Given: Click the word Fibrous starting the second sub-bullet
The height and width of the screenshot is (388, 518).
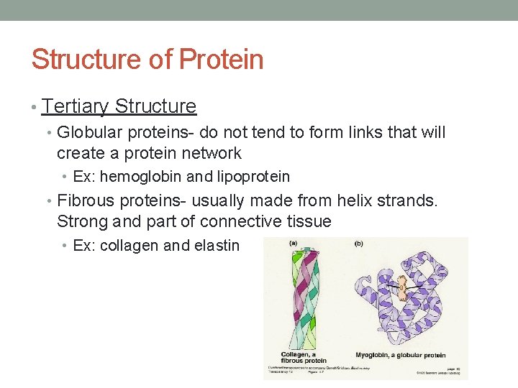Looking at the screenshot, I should click(84, 200).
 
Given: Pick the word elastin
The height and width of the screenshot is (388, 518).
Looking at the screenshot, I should click(217, 246).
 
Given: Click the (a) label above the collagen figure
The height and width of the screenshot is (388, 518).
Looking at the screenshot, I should click(293, 244).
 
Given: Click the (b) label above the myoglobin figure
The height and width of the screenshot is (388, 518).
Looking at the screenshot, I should click(358, 244).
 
